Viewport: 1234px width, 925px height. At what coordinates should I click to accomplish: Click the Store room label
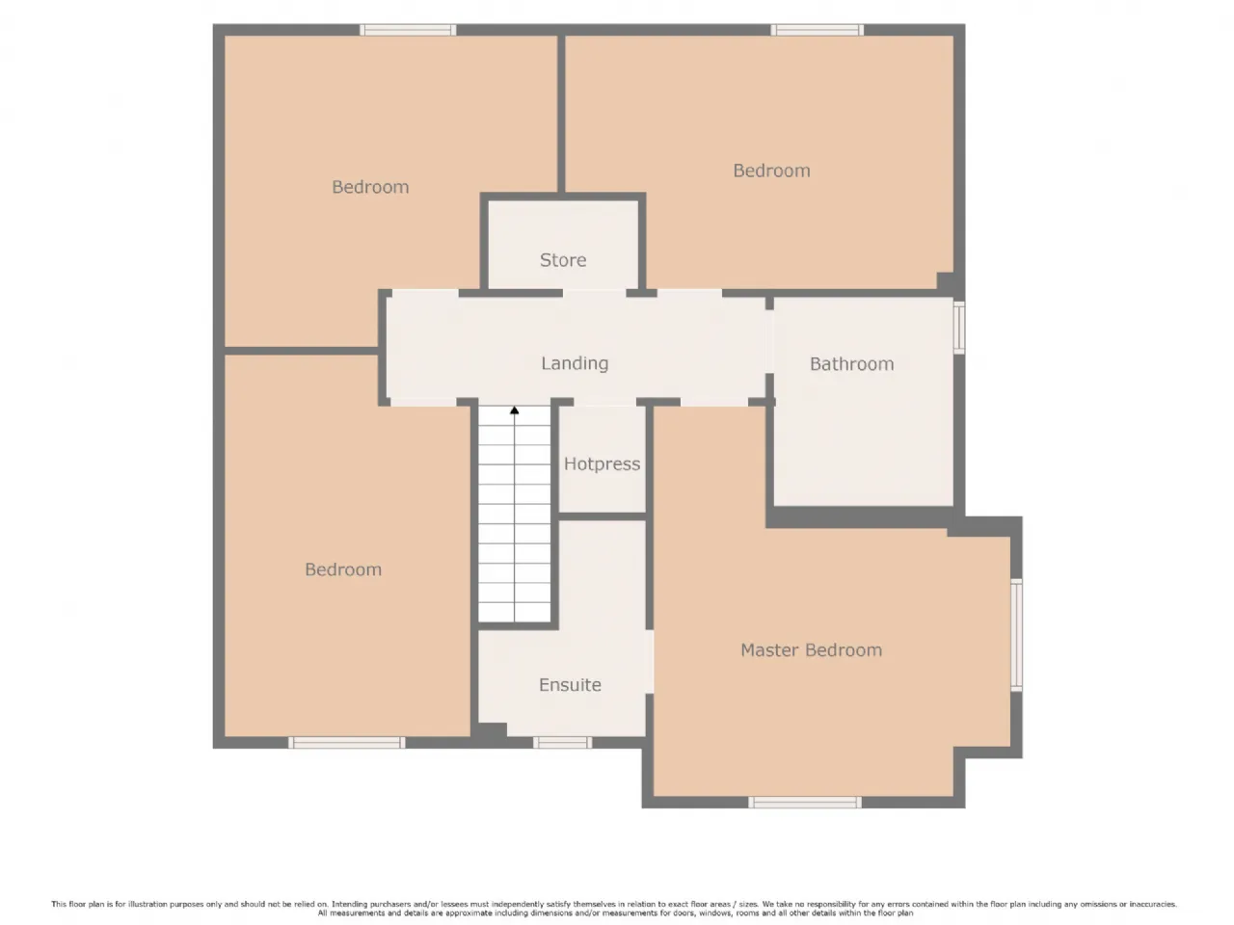point(563,260)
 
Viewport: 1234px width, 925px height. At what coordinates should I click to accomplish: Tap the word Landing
point(575,363)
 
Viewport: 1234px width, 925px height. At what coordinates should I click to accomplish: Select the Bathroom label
point(851,364)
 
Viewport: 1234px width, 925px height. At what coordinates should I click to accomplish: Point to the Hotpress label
point(603,463)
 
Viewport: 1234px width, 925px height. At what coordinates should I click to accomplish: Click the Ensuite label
point(570,685)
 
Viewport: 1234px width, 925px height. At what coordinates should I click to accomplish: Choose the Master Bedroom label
point(811,649)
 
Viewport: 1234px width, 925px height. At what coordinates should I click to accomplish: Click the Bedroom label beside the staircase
point(343,569)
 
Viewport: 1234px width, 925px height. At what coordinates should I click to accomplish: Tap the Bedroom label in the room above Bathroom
point(771,171)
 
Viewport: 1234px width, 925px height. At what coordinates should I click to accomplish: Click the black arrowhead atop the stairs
point(515,410)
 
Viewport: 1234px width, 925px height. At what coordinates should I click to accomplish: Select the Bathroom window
point(959,328)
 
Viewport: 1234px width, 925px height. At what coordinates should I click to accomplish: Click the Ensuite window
point(562,743)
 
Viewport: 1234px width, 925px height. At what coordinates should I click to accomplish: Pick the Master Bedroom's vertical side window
point(1016,635)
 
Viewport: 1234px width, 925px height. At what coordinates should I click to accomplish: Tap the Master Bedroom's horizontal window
point(804,802)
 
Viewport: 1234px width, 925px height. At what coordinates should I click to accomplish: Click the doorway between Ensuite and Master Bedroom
point(649,662)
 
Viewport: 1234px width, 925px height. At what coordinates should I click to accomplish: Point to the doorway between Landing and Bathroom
point(769,341)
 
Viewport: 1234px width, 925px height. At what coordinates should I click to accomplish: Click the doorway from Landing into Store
point(594,293)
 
